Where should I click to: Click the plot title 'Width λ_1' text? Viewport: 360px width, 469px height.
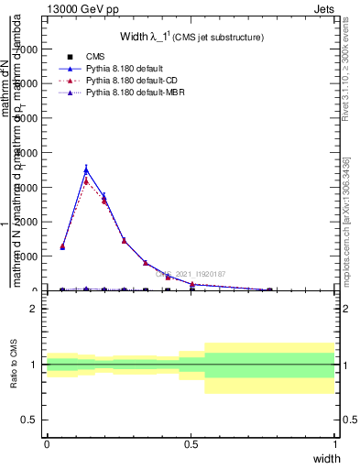[x=191, y=38]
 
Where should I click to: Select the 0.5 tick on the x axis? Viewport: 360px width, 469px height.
[x=191, y=443]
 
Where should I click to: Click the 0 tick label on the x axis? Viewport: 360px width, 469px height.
[x=47, y=443]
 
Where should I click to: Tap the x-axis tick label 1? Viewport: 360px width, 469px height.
[x=334, y=443]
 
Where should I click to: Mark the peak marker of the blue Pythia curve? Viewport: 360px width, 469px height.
[x=86, y=169]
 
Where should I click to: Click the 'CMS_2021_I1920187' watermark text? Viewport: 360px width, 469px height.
[x=191, y=274]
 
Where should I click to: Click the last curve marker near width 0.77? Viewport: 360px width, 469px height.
[x=269, y=289]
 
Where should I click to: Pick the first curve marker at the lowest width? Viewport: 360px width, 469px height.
[x=62, y=246]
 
